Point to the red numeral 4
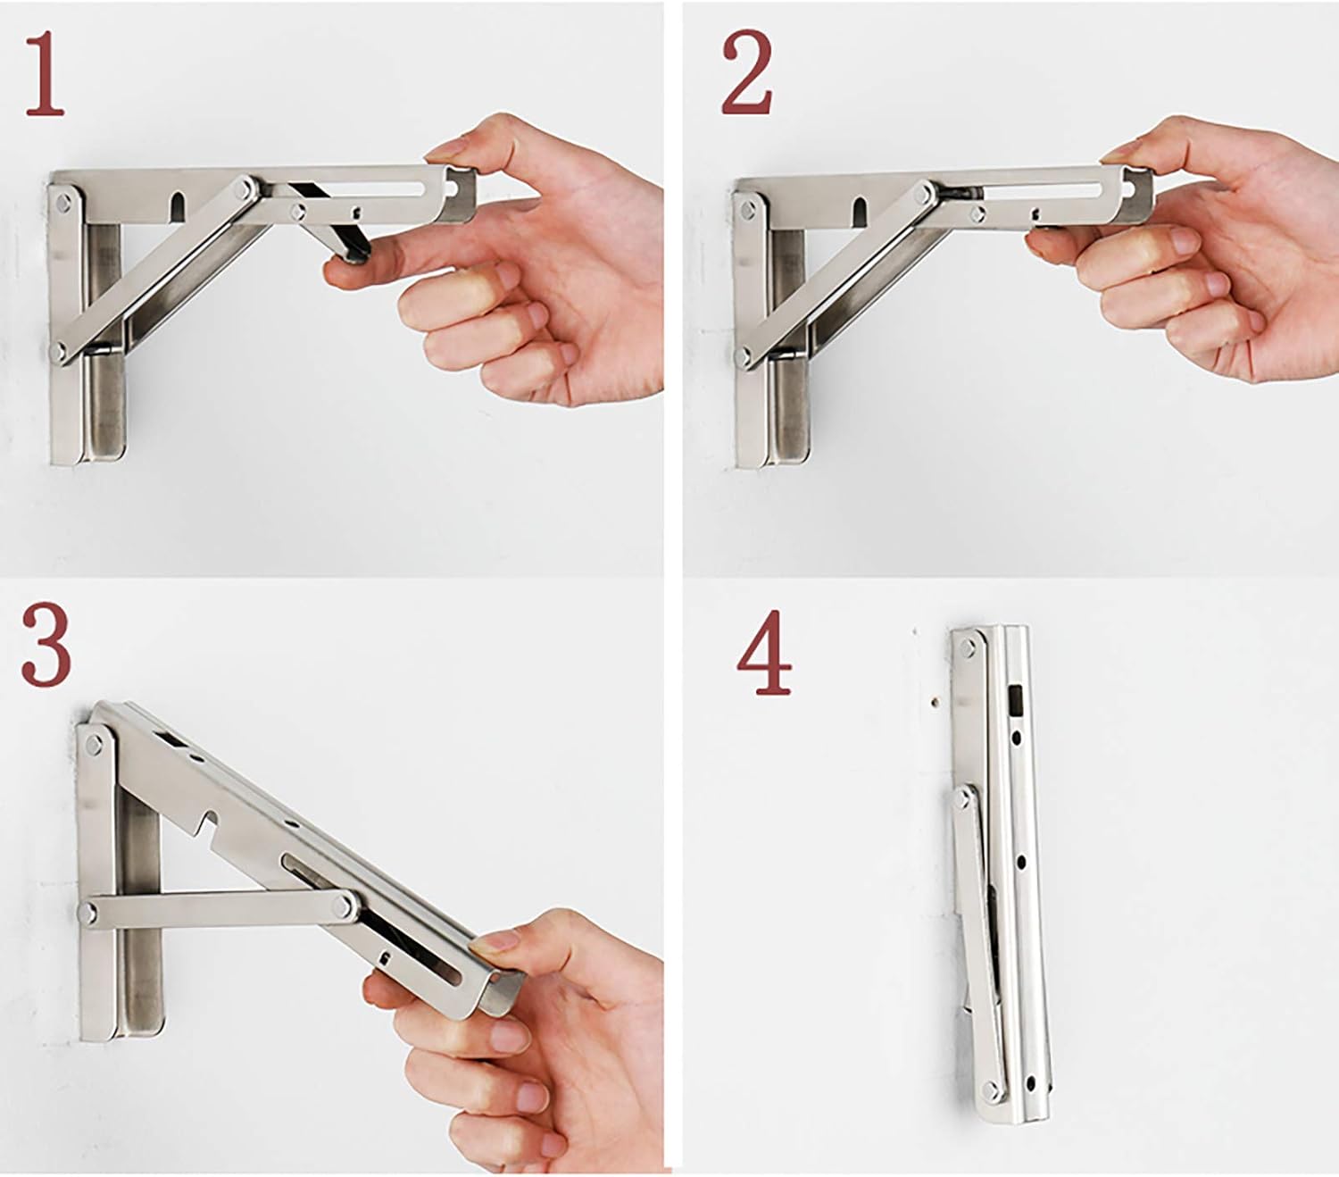click(764, 653)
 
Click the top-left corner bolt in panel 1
click(64, 204)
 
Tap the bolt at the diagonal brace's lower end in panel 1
click(59, 350)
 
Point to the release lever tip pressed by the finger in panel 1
click(355, 254)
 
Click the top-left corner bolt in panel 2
click(748, 210)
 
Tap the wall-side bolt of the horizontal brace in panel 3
click(87, 914)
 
